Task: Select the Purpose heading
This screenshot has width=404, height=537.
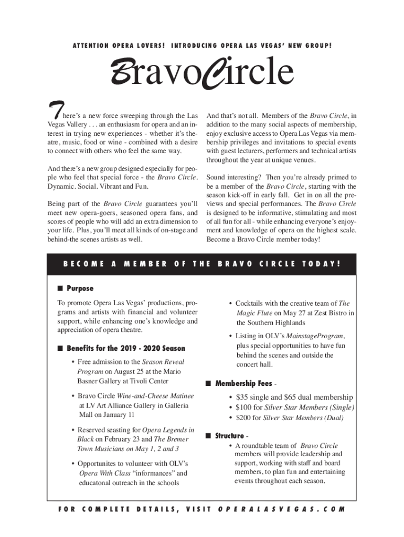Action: (80, 288)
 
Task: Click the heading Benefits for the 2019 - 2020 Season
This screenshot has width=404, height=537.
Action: (125, 348)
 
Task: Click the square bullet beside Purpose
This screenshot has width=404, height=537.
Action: (60, 288)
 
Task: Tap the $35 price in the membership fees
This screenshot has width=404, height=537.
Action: (243, 398)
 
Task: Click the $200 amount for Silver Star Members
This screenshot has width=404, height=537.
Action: (244, 417)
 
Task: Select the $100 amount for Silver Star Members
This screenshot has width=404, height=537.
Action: (244, 407)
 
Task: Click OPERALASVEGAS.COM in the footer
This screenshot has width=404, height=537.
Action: (281, 509)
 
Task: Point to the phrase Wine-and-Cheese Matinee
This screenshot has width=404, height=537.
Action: (155, 395)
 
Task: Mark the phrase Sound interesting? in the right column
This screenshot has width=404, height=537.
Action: (233, 177)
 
